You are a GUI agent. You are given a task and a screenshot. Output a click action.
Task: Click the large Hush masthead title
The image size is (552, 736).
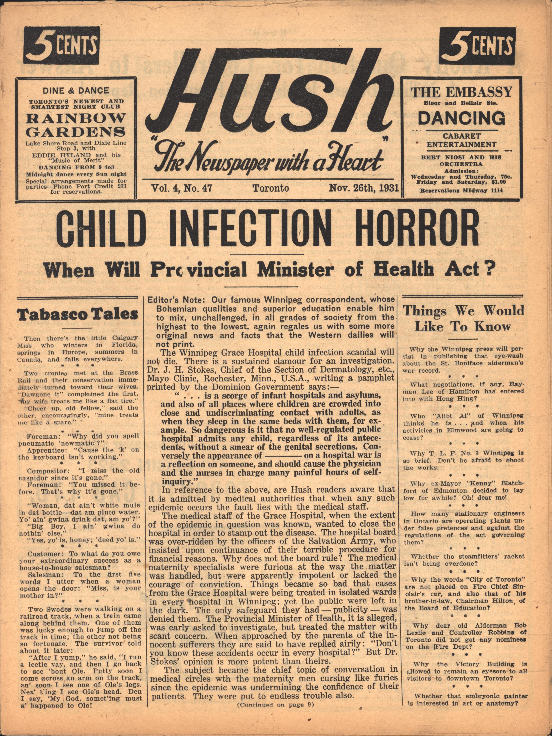(x=269, y=97)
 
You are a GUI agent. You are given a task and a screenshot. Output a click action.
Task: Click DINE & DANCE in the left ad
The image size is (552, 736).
(x=76, y=90)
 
